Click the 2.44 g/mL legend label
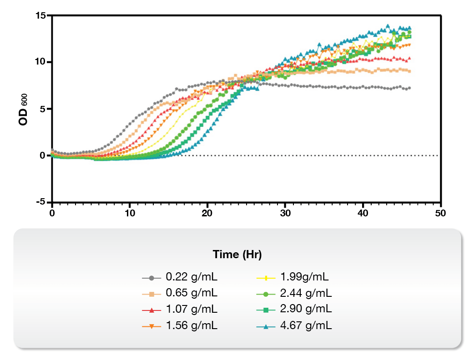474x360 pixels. tap(306, 293)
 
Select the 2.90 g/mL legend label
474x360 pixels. tap(306, 310)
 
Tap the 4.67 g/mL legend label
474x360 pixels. tap(306, 326)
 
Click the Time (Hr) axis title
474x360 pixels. tap(237, 255)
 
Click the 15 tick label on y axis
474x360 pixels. tap(41, 15)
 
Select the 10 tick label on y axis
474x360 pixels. tap(41, 62)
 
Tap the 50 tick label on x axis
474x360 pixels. tap(440, 213)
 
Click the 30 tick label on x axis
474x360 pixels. tap(285, 213)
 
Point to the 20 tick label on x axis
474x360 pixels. tap(207, 213)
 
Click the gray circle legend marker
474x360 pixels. tap(151, 277)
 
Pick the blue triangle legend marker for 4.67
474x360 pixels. tap(266, 326)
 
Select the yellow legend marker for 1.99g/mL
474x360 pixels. tap(266, 277)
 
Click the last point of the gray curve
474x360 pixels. tap(409, 88)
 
